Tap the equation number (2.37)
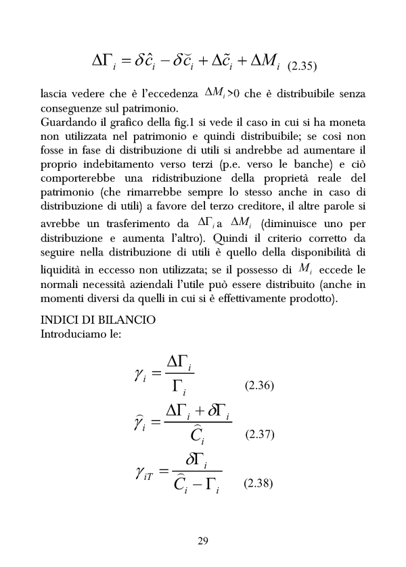click(258, 435)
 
